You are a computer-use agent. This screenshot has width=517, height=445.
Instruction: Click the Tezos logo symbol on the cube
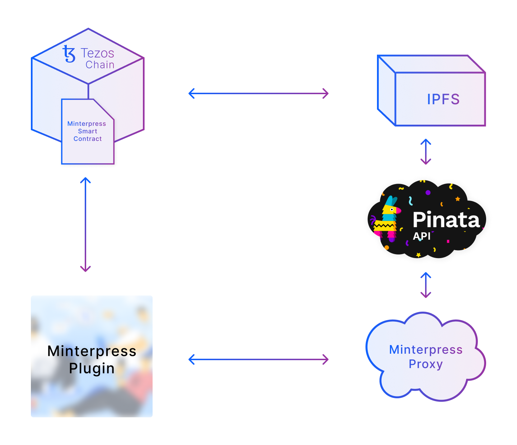[69, 54]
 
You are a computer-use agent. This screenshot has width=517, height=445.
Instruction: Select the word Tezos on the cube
[97, 53]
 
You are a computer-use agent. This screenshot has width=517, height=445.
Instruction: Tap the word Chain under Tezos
[100, 65]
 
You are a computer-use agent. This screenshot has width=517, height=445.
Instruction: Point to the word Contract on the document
[88, 139]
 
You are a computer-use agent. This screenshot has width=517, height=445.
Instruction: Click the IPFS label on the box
[443, 99]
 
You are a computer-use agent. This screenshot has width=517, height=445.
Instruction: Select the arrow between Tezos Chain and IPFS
[258, 93]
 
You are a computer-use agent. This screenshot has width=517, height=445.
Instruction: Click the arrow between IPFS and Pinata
[426, 152]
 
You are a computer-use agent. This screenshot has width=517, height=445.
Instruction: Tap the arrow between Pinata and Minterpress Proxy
[426, 285]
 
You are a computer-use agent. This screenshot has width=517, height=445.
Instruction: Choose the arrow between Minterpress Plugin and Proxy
[258, 359]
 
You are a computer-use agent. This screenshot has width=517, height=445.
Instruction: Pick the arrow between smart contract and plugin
[85, 225]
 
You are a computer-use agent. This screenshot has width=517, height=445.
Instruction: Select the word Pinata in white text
[446, 220]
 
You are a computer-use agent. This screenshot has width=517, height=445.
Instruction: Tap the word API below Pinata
[421, 236]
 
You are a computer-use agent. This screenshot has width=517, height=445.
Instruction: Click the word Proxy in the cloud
[425, 364]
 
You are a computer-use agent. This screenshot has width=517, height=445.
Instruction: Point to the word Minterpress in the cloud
[426, 349]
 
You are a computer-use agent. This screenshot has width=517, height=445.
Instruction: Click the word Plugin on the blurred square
[92, 368]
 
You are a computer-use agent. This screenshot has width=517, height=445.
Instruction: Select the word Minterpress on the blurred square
[92, 351]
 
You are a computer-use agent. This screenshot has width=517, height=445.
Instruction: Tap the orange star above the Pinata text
[458, 199]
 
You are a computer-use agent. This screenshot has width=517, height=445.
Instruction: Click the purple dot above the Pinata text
[428, 193]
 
